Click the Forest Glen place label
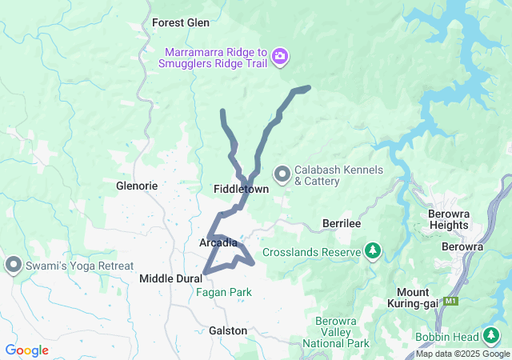[180, 23]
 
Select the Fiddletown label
[241, 189]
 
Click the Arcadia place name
[218, 242]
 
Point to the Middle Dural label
[170, 278]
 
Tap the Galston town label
[227, 330]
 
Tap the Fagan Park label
[223, 293]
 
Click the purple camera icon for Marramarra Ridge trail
[280, 56]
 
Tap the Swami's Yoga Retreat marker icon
[14, 264]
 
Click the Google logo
[27, 350]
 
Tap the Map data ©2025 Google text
[462, 354]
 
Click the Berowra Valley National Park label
[342, 333]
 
